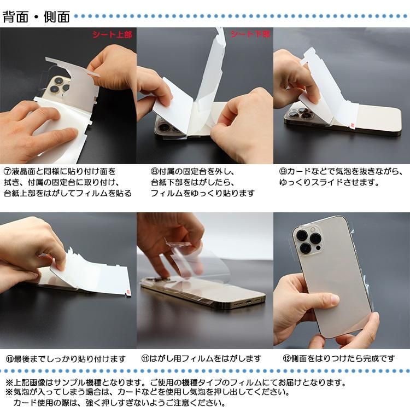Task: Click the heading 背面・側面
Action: click(x=36, y=16)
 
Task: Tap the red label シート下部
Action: click(x=250, y=34)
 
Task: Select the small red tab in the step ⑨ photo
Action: click(x=351, y=125)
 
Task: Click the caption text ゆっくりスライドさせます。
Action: click(x=329, y=182)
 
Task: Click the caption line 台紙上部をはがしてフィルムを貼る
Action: click(x=68, y=193)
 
